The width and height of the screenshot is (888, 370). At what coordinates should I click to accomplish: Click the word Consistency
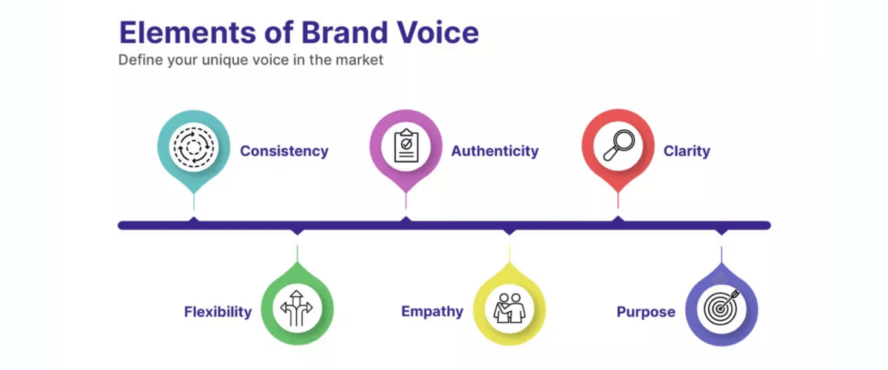[283, 151]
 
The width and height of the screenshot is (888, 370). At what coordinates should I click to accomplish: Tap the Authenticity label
[494, 151]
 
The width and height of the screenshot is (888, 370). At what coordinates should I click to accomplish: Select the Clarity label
[686, 151]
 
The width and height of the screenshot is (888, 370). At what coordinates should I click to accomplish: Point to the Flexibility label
[218, 312]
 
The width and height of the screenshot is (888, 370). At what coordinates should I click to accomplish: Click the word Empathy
[432, 312]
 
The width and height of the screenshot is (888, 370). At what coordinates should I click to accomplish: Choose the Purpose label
[645, 312]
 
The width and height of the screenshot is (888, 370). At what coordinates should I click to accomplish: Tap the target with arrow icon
[721, 309]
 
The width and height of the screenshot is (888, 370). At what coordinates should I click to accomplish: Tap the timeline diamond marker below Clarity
[618, 220]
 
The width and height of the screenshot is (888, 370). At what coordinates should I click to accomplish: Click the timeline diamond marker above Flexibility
[297, 231]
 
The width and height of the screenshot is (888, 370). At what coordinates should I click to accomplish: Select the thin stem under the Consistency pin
[193, 201]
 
